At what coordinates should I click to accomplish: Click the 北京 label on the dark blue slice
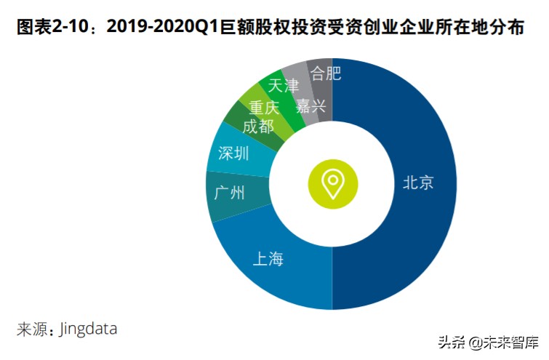coord(418,183)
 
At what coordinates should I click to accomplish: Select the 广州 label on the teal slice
coord(230,194)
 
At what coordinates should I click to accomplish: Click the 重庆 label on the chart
coord(264,108)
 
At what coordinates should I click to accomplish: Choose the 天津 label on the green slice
coord(284,86)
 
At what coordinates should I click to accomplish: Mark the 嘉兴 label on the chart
coord(311,106)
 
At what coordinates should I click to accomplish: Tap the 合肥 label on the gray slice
coord(325,73)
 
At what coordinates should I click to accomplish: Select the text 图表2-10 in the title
coord(49,28)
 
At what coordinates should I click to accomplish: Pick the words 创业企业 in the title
coord(406,28)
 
